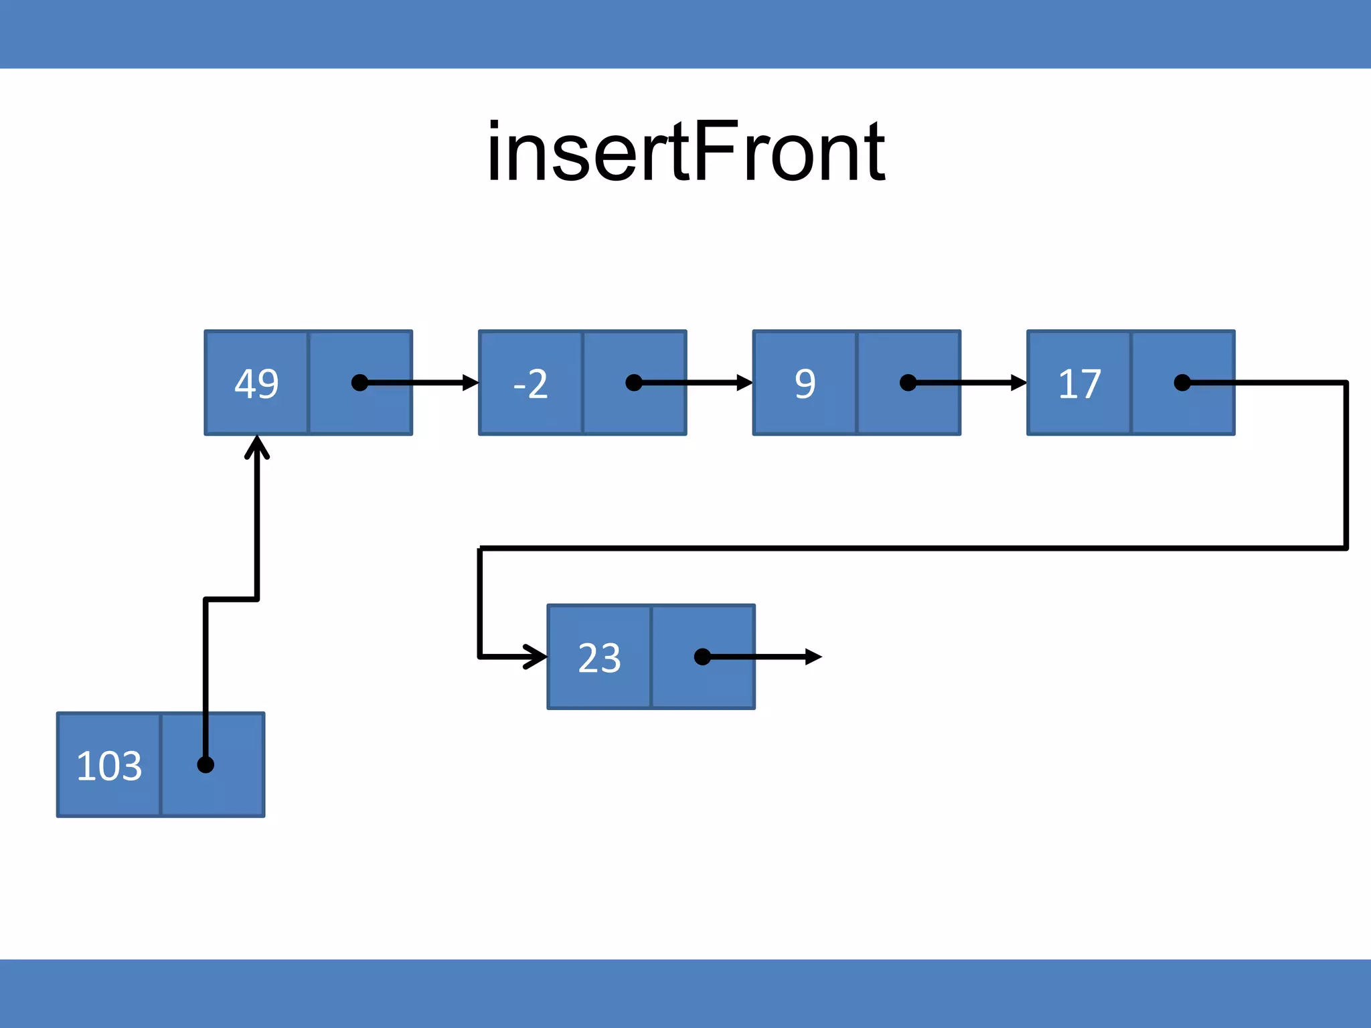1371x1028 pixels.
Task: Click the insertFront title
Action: [686, 152]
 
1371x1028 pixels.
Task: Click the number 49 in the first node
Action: [256, 384]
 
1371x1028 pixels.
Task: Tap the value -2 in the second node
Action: [530, 384]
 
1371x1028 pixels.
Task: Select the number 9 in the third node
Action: [805, 384]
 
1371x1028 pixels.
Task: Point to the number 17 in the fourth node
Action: [1079, 384]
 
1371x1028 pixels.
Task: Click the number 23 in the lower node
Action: [599, 658]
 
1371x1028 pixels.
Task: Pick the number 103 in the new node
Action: [109, 766]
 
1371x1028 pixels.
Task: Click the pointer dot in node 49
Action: [359, 383]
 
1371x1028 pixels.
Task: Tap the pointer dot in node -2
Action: [633, 383]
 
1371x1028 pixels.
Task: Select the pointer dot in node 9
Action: [908, 383]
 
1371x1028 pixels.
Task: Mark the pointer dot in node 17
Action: [1182, 383]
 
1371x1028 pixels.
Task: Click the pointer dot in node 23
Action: [702, 657]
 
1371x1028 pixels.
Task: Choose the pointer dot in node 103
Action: [206, 764]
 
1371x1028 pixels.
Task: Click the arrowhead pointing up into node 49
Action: [257, 446]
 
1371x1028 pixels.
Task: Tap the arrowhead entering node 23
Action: [537, 657]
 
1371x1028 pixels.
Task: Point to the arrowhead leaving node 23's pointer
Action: [813, 657]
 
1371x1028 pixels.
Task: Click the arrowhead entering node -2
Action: [471, 383]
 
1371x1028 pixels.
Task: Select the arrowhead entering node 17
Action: [1019, 383]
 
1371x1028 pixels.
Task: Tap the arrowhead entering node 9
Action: [745, 383]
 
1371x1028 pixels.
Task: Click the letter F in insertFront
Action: [716, 151]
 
